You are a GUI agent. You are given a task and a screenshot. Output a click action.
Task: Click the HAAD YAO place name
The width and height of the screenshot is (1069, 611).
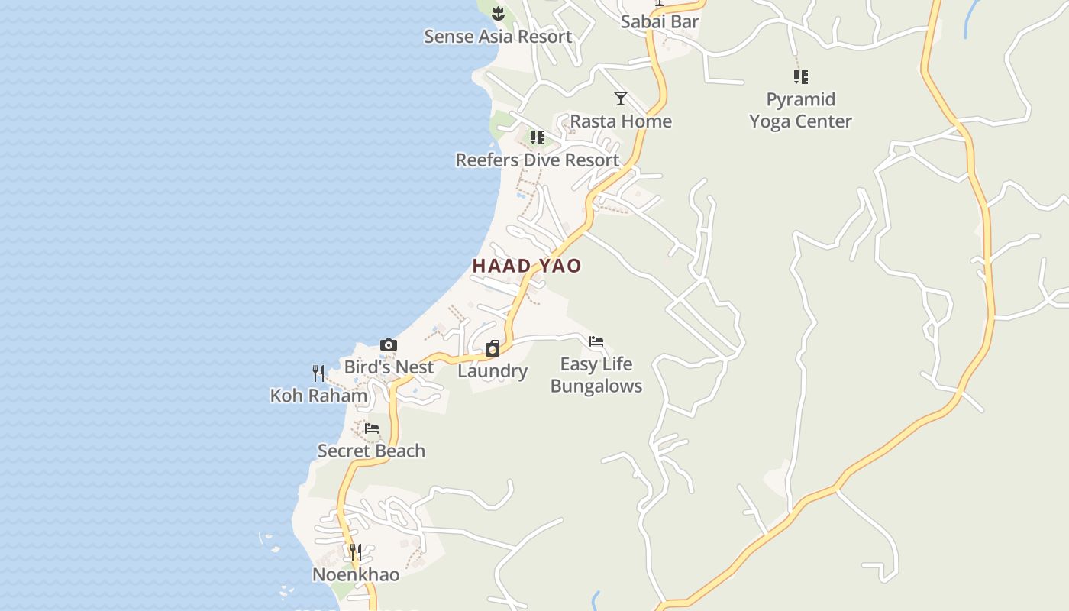click(x=527, y=266)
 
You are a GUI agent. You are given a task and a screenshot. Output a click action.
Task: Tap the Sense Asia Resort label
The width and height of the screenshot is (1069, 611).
click(x=498, y=37)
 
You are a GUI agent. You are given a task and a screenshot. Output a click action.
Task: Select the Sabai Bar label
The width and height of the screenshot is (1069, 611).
click(x=660, y=21)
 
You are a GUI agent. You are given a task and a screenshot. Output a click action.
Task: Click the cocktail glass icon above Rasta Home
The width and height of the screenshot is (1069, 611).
click(x=621, y=99)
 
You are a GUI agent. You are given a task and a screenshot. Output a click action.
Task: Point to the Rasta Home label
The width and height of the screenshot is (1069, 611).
click(x=621, y=121)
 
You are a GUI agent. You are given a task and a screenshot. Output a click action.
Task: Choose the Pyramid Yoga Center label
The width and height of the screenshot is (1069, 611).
click(x=800, y=111)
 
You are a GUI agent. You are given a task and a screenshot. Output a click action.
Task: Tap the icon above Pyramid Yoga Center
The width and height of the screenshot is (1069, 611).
click(x=800, y=76)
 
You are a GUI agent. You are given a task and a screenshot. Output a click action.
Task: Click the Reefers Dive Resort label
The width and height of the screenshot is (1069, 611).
click(x=538, y=160)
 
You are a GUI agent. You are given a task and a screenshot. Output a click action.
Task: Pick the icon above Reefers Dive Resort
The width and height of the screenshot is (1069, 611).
click(x=538, y=137)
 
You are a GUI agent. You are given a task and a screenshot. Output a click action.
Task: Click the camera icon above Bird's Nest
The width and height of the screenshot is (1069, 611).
click(x=389, y=345)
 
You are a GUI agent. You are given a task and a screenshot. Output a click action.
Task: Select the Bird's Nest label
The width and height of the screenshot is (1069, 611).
click(x=389, y=367)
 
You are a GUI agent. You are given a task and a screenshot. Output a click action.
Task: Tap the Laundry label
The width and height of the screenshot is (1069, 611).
click(x=493, y=372)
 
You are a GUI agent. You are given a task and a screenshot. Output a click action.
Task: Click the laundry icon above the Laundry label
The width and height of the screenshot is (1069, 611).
click(x=493, y=349)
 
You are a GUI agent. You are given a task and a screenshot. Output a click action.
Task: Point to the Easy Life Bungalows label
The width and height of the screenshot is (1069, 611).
click(x=596, y=375)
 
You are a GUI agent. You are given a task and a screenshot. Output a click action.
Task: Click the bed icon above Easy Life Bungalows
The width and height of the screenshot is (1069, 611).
click(x=596, y=341)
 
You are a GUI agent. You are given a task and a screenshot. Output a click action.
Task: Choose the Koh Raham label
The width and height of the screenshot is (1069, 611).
click(x=319, y=396)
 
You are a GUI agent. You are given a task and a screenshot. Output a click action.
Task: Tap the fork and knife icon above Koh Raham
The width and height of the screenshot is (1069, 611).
click(x=318, y=373)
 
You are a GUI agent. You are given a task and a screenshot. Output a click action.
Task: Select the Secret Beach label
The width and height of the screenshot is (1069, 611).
click(x=371, y=451)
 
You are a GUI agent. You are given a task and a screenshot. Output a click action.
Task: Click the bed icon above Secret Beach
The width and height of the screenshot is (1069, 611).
click(x=372, y=428)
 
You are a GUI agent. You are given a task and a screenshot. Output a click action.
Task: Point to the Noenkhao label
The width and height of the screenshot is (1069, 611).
click(x=356, y=574)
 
